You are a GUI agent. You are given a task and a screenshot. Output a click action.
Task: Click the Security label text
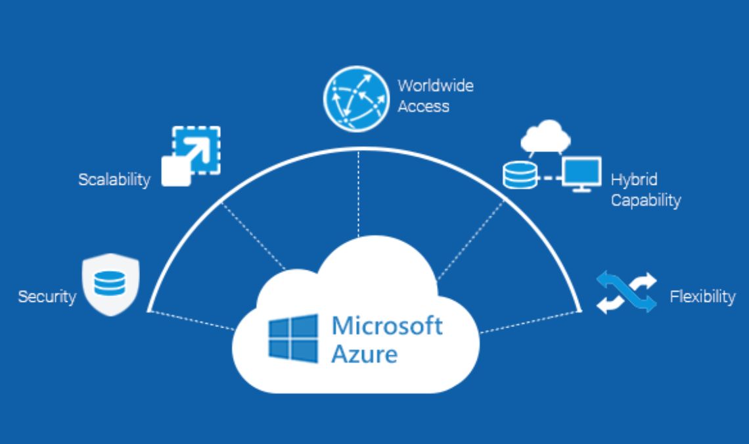click(x=47, y=297)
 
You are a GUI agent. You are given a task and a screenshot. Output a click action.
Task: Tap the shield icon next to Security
click(x=111, y=285)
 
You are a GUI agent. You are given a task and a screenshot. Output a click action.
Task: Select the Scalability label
click(x=114, y=180)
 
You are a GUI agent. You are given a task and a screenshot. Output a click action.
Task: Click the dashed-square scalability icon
click(x=191, y=156)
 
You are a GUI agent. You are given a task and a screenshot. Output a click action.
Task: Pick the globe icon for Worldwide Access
click(x=356, y=99)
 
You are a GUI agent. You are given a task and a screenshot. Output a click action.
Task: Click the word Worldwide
click(x=436, y=86)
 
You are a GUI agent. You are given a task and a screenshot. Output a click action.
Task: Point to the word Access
click(x=423, y=106)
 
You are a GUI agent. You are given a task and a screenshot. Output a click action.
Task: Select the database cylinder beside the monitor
click(x=520, y=175)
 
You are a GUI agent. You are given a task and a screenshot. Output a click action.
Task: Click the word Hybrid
click(x=634, y=180)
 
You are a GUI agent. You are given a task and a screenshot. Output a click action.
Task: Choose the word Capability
click(x=646, y=200)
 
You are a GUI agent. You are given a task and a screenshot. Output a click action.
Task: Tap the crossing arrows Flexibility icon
click(x=627, y=292)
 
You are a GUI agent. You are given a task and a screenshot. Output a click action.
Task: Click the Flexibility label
click(x=702, y=297)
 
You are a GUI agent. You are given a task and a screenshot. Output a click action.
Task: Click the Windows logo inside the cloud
click(x=293, y=338)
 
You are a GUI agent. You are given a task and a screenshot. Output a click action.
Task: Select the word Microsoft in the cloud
click(x=387, y=326)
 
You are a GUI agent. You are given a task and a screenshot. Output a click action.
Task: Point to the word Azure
click(x=365, y=355)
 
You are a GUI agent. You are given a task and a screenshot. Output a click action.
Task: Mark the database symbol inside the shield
click(x=110, y=284)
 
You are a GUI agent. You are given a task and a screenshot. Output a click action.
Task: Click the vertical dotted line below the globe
click(x=358, y=194)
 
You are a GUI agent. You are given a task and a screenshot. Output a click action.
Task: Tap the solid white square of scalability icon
click(x=176, y=171)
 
